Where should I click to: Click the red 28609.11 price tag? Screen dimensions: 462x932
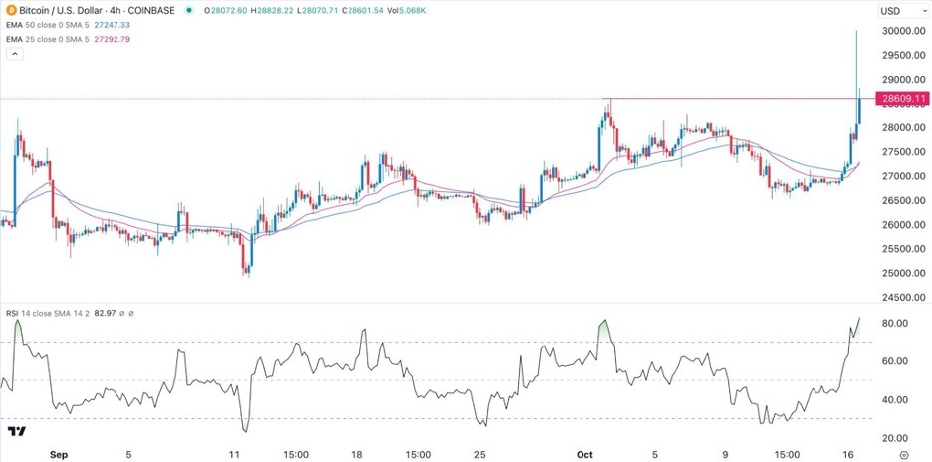pos(902,99)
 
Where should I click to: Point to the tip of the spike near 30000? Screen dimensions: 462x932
pos(856,31)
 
